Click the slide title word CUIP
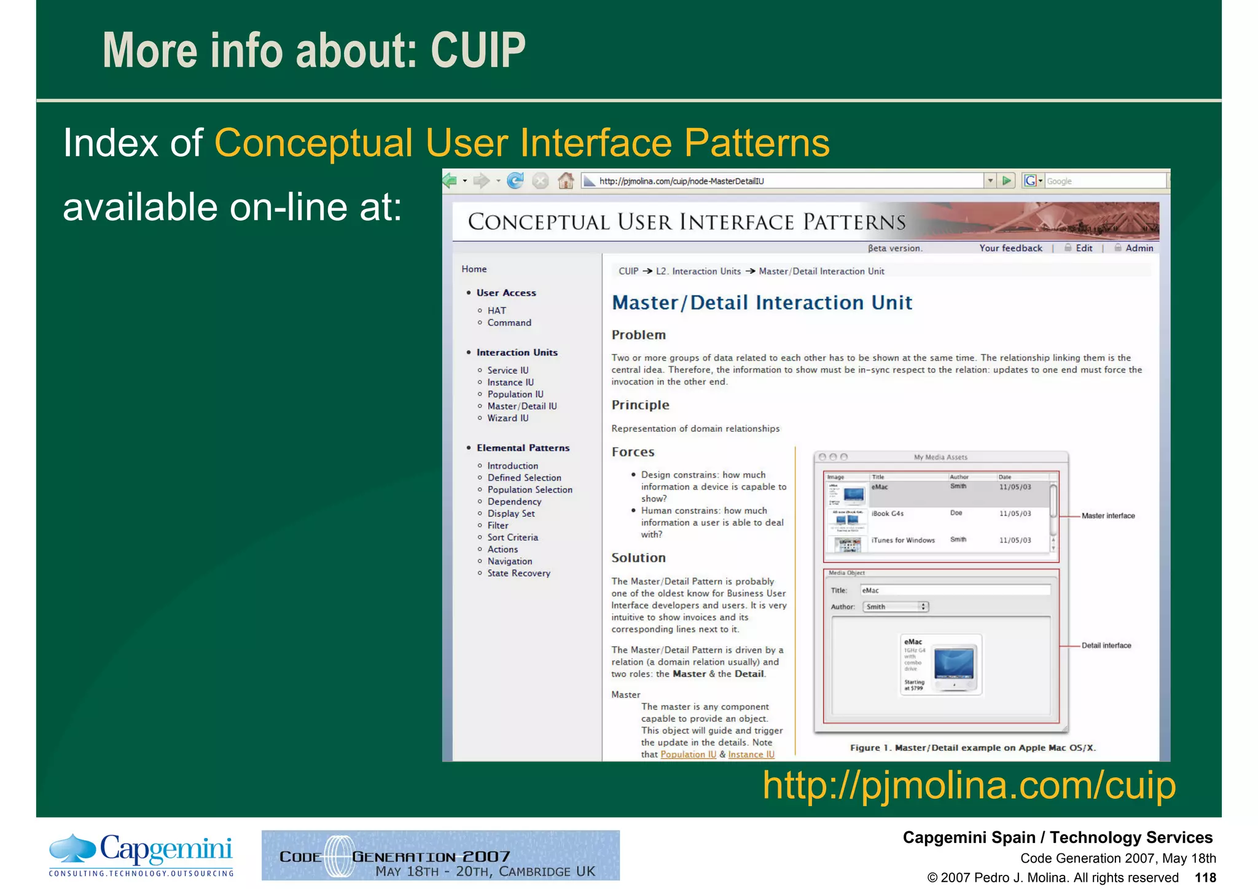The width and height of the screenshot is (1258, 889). [x=478, y=50]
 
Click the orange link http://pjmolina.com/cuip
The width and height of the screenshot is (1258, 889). [x=969, y=785]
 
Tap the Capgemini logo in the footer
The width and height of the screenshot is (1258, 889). [x=141, y=855]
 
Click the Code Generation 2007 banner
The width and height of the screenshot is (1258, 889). [x=440, y=855]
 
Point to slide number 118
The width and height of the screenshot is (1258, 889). [x=1205, y=877]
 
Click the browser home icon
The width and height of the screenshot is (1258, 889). [x=566, y=181]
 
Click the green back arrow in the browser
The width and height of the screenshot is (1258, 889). [x=450, y=181]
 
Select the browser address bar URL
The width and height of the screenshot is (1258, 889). [x=681, y=181]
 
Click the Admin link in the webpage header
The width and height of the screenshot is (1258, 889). [x=1139, y=248]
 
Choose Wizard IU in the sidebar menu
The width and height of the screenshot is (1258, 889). [x=507, y=418]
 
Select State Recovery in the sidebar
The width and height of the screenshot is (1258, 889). [x=518, y=573]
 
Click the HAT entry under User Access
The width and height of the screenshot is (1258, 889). [x=496, y=310]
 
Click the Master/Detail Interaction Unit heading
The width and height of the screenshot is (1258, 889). [x=762, y=302]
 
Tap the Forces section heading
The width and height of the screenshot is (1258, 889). [x=633, y=452]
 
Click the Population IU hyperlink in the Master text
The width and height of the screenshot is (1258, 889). [x=688, y=754]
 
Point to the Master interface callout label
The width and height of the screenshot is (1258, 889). [x=1108, y=515]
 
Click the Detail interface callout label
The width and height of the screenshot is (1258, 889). [x=1106, y=645]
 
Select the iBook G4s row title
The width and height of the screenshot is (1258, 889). [x=887, y=514]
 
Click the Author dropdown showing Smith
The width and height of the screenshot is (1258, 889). [x=895, y=606]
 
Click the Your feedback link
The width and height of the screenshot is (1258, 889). [x=1010, y=248]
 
